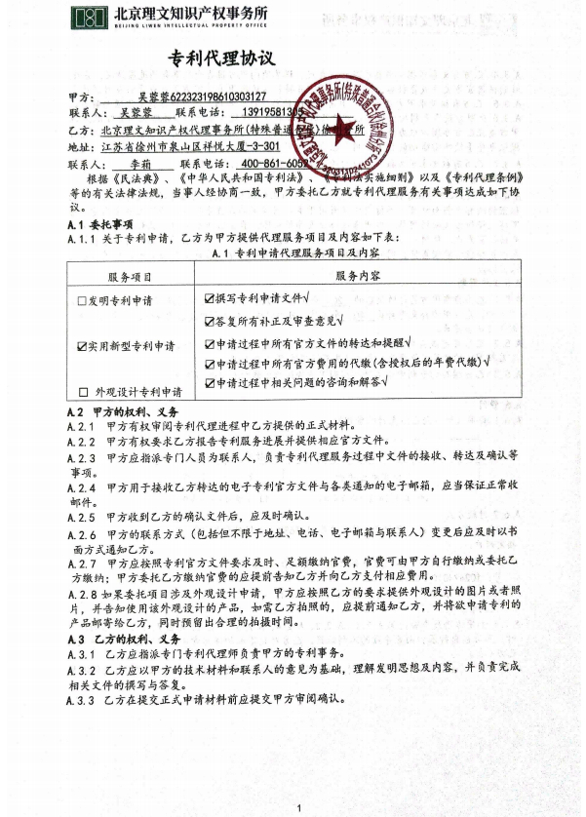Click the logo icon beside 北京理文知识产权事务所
[x=90, y=19]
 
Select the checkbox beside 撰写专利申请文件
[x=210, y=297]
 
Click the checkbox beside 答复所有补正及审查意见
[x=210, y=321]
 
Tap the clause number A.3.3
[x=86, y=700]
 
